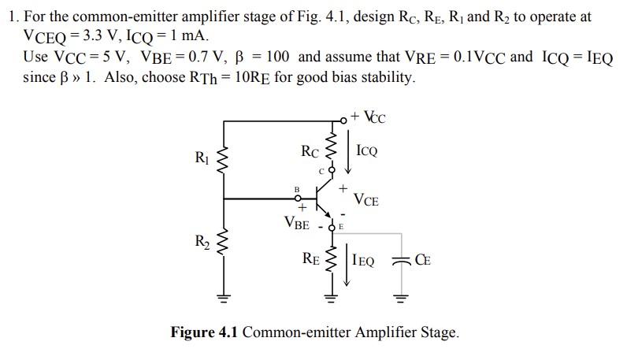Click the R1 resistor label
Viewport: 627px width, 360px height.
pyautogui.click(x=202, y=157)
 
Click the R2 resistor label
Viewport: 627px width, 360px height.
pyautogui.click(x=202, y=241)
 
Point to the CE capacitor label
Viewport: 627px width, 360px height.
pyautogui.click(x=422, y=258)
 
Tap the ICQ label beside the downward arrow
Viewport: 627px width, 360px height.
pyautogui.click(x=366, y=150)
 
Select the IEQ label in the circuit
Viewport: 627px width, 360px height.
pyautogui.click(x=364, y=258)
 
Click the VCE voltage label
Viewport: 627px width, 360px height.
pyautogui.click(x=365, y=200)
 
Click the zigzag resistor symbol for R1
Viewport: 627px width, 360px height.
pyautogui.click(x=224, y=160)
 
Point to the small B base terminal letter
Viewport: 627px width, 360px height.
pyautogui.click(x=297, y=188)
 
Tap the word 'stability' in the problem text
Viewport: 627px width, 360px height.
pyautogui.click(x=381, y=77)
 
